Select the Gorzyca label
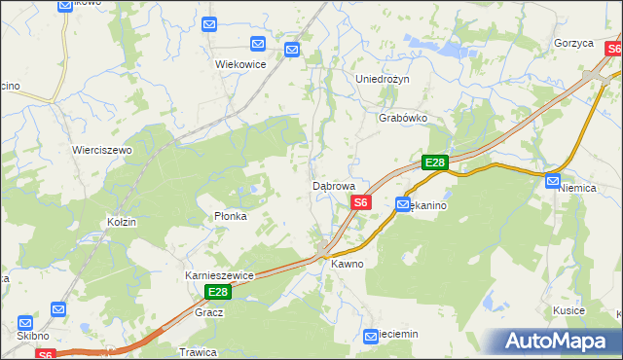[x=573, y=44]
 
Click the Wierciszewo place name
[x=102, y=150]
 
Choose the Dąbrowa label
[x=340, y=185]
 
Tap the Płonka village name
[x=231, y=216]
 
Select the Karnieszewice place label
[x=219, y=275]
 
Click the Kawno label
[x=348, y=264]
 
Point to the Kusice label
[x=568, y=310]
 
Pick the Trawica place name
[x=197, y=351]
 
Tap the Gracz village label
[x=209, y=312]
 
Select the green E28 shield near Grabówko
[x=434, y=163]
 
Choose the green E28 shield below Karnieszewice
[x=218, y=292]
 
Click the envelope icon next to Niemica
[x=553, y=180]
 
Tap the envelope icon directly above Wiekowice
[x=257, y=44]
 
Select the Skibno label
[x=32, y=336]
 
